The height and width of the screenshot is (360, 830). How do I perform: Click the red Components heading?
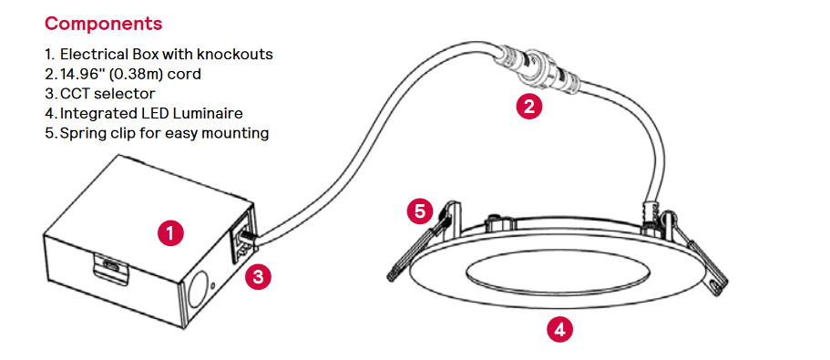tap(103, 24)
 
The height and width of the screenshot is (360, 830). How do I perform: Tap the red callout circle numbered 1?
tap(170, 233)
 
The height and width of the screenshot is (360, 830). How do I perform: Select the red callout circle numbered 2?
tap(528, 107)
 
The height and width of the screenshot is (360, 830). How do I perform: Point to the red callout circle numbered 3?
tap(259, 277)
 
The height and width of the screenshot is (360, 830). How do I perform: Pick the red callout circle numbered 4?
tap(559, 330)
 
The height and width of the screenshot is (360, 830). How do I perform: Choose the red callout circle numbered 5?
tap(420, 211)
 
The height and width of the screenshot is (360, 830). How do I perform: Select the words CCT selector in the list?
tap(108, 94)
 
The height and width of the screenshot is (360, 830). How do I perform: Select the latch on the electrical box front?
tap(110, 265)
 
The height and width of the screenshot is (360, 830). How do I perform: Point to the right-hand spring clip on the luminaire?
tap(692, 248)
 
